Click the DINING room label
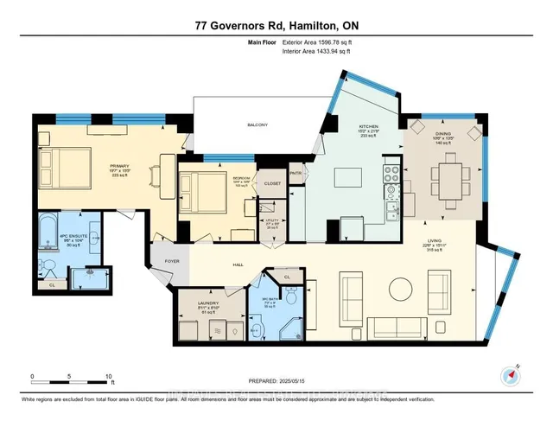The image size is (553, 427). click(444, 134)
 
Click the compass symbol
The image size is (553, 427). click(507, 374)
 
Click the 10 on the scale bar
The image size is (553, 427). click(108, 377)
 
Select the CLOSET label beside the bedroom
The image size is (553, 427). click(272, 184)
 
